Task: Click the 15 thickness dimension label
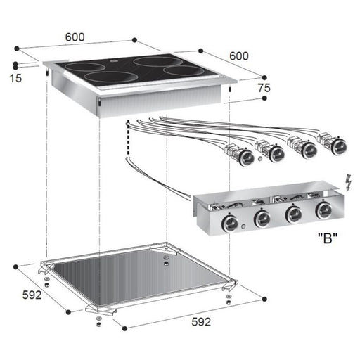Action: point(16,79)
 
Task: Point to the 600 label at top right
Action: point(238,56)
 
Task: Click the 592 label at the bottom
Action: point(201,323)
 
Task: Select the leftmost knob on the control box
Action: point(229,224)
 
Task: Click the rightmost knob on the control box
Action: point(324,210)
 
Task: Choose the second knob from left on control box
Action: point(262,219)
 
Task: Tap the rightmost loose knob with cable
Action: point(340,146)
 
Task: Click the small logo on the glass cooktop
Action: point(113,68)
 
